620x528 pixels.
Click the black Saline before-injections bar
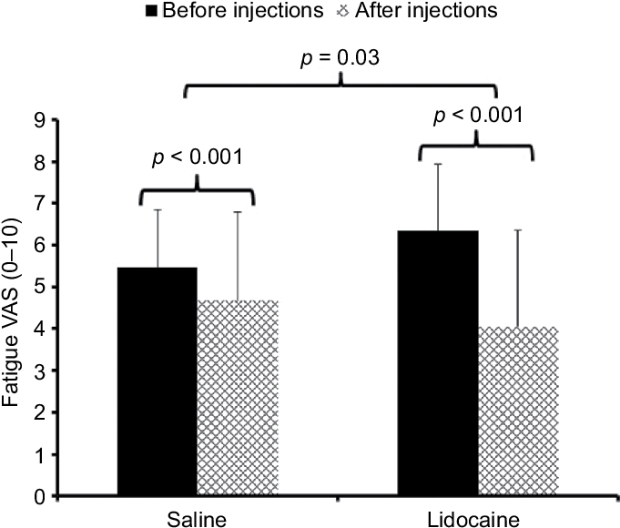158,382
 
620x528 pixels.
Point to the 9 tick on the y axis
40,120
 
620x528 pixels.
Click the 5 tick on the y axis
40,287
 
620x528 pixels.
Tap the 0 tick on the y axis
40,497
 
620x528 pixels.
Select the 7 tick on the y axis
40,204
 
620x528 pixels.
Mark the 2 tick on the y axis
40,412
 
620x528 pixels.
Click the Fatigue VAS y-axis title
14,310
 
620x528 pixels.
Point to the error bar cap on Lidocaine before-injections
439,164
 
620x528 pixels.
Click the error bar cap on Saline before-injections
158,210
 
